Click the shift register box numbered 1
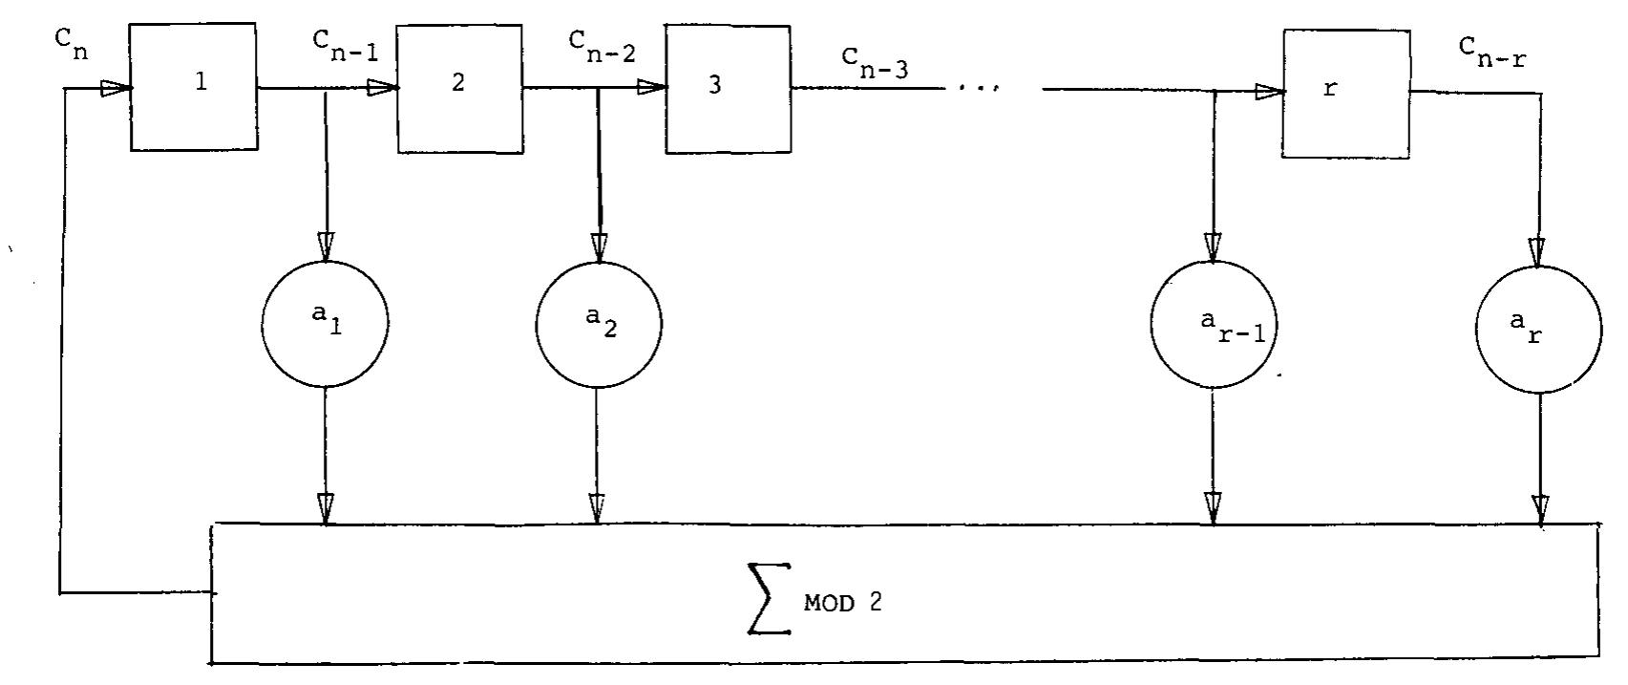[x=194, y=87]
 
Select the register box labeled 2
[x=460, y=87]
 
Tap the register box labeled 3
[x=728, y=88]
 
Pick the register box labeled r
[x=1345, y=93]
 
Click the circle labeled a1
[x=325, y=323]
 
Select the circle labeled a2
[x=598, y=323]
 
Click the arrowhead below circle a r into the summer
[x=1539, y=507]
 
